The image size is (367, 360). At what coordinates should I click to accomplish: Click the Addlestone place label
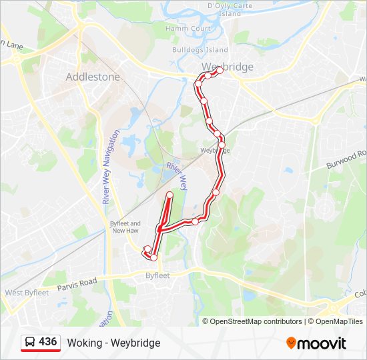point(93,77)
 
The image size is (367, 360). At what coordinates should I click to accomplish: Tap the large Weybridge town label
point(228,67)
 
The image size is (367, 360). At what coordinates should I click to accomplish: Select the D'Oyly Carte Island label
point(224,9)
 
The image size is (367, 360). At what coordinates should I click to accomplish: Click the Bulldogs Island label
point(200,50)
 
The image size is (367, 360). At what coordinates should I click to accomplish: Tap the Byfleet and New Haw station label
point(125,227)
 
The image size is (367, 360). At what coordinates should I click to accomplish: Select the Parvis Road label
point(77,283)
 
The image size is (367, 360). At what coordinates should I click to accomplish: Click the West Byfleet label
point(27,293)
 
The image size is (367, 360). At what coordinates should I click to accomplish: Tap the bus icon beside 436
point(30,342)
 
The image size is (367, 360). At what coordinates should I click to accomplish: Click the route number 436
point(47,342)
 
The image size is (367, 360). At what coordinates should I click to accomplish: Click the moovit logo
point(316,343)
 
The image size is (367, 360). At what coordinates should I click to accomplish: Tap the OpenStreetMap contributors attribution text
point(256,321)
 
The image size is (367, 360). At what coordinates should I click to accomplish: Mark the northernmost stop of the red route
point(219,70)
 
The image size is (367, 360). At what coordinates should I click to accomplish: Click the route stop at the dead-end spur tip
point(169,195)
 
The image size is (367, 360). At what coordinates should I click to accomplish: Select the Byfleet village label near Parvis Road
point(159,275)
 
